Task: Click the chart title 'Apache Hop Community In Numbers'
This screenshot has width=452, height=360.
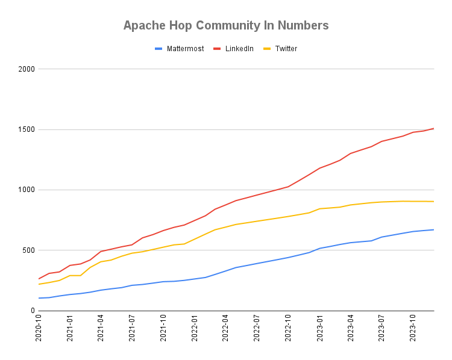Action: (x=226, y=25)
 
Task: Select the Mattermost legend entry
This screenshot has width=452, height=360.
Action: (x=185, y=49)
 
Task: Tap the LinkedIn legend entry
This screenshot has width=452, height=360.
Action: (x=239, y=49)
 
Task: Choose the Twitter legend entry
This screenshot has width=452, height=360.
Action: (x=286, y=49)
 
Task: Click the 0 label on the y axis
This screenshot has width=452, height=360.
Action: (x=33, y=311)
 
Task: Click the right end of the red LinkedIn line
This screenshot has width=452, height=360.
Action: (x=434, y=128)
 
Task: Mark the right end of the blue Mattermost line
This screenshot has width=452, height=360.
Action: (x=434, y=229)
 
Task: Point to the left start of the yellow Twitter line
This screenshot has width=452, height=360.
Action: (x=39, y=284)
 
